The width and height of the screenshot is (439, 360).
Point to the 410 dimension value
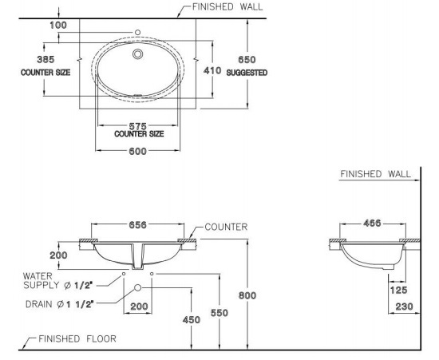(211, 71)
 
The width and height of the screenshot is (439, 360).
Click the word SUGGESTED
(247, 72)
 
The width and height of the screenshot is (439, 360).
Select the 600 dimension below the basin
(137, 154)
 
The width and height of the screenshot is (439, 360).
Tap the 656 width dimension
(137, 225)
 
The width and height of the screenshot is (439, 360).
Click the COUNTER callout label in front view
(226, 227)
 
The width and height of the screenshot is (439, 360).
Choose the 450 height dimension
(191, 320)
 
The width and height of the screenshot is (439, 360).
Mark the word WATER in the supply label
(38, 275)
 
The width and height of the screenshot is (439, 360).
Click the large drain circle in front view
(137, 287)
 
